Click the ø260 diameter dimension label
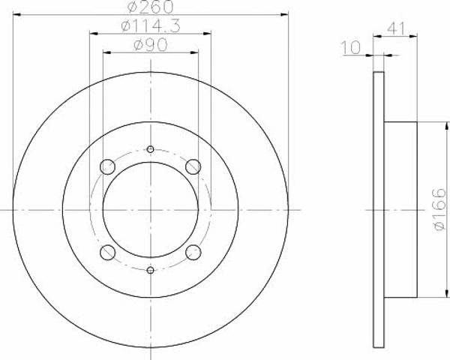[x=151, y=6]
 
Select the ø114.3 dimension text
[x=151, y=26]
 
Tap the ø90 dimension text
[x=151, y=45]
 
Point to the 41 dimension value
[x=396, y=28]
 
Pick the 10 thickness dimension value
[x=351, y=47]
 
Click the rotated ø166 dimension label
[x=439, y=209]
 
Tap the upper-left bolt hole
[x=107, y=166]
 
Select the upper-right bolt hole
[x=193, y=166]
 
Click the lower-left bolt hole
[x=107, y=252]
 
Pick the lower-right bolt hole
[x=193, y=252]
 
